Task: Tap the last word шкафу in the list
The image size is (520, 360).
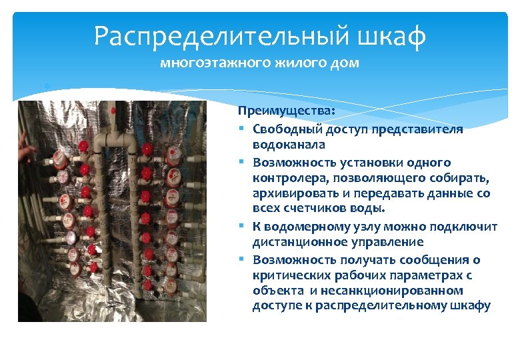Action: (472, 306)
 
